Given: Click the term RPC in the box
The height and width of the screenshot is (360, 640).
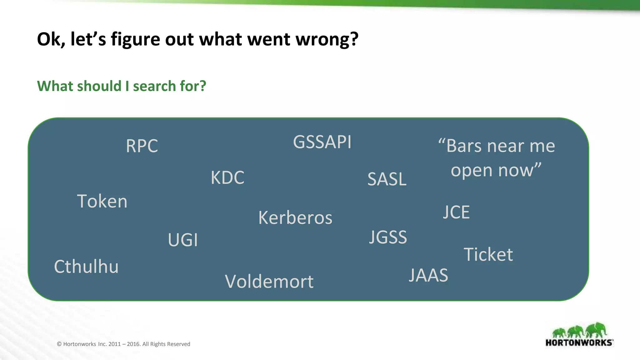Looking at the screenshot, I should coord(142,146).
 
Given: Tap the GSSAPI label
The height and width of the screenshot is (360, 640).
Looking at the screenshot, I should coord(322,142).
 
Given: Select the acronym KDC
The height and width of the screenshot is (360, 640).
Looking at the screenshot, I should coord(227,177).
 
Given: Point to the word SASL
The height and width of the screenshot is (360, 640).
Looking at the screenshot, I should coord(387,179).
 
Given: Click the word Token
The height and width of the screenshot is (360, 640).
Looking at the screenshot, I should coord(102,201).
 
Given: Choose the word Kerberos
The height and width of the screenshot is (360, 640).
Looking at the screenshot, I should coord(295,217).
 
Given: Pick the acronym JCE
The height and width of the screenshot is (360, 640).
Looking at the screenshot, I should coord(456,212).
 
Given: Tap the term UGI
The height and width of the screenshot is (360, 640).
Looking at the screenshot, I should coord(183,240).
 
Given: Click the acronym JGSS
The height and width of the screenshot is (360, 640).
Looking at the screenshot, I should coord(388,237).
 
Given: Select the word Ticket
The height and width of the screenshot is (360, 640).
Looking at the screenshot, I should coord(488,254).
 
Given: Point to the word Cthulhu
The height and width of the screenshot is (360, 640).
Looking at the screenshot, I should coord(86,267).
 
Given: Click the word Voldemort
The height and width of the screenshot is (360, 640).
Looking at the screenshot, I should coord(269,282).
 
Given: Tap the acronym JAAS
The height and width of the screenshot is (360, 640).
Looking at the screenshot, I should coord(428,275).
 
